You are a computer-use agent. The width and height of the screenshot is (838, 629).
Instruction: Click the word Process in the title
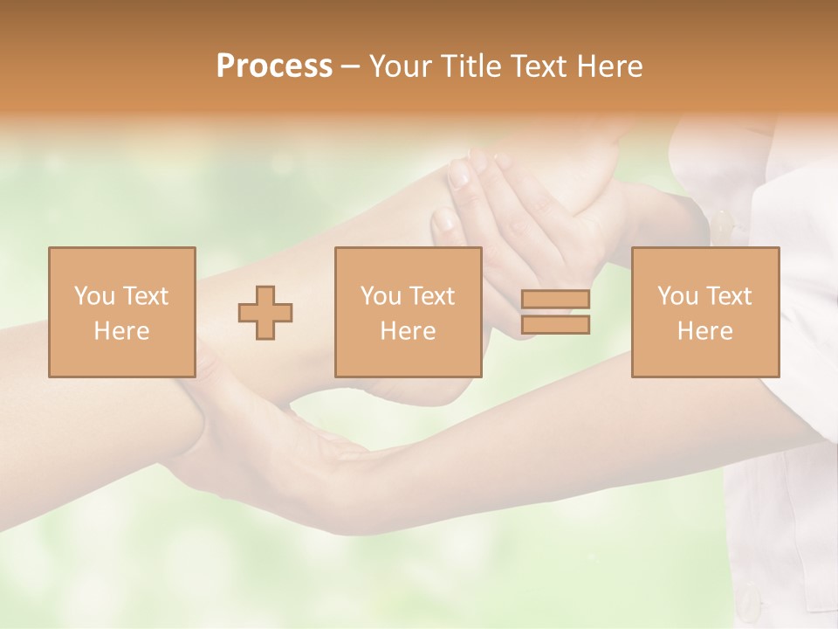point(274,66)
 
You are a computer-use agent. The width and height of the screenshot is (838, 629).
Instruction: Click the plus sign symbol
point(265,313)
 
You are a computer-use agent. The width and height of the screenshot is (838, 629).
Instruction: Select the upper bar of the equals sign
point(555,300)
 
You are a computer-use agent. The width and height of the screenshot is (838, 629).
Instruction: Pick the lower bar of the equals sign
point(555,325)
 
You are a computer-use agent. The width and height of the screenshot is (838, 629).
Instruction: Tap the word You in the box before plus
point(93,296)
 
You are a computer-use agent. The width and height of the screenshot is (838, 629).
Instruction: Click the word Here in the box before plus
point(121,331)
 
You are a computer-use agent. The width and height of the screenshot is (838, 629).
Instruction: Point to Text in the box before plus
point(144,296)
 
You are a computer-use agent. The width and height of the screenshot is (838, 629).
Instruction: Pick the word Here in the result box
point(704,331)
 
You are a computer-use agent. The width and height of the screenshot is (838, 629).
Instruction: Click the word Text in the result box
point(728,296)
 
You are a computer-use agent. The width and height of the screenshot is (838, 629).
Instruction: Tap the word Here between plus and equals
point(408,331)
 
